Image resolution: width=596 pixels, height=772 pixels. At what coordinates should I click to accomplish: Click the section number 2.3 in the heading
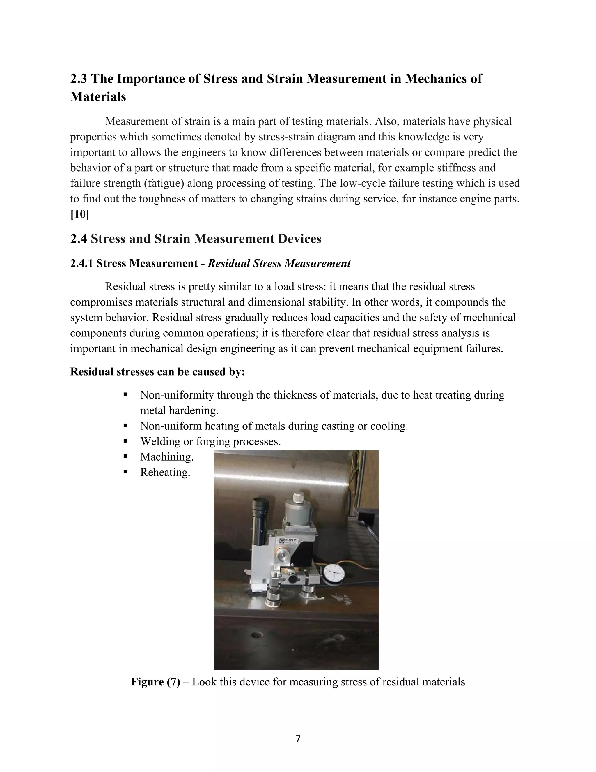point(79,78)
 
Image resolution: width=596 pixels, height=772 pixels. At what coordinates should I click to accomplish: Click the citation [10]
point(79,214)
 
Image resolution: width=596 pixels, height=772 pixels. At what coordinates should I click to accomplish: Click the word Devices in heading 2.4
point(299,239)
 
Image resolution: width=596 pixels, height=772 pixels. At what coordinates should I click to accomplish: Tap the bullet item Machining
point(167,457)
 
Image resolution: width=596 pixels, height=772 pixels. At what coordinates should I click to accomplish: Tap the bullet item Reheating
point(165,472)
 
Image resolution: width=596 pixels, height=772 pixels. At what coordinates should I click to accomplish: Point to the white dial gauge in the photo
point(334,574)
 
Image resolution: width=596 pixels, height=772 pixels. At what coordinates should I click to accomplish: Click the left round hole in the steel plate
point(257,635)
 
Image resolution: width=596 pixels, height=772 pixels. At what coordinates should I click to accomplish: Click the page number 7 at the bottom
point(298,738)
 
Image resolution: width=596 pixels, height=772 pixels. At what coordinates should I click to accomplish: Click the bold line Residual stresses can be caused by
point(157,372)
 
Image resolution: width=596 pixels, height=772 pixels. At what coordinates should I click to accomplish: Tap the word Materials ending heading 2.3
point(98,96)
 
